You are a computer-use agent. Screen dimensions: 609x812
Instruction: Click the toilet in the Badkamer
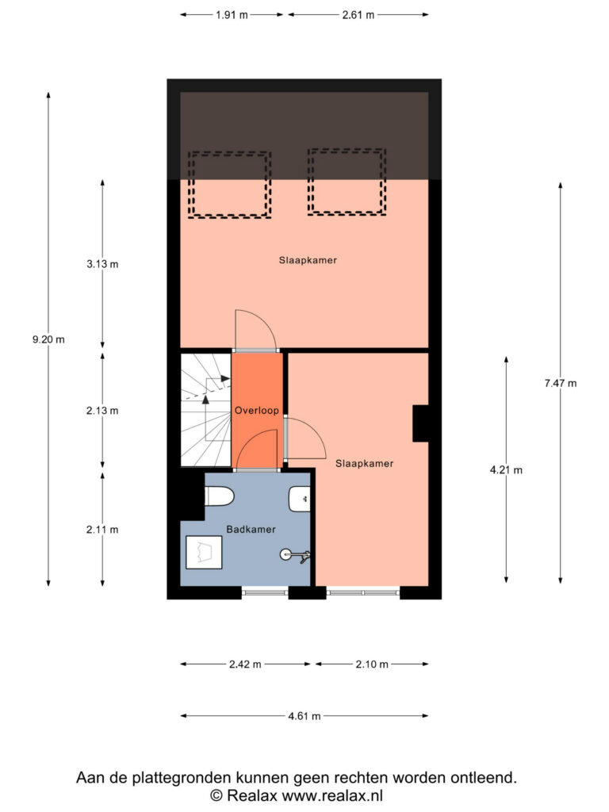click(220, 497)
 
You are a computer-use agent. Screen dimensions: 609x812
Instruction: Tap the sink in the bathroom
click(299, 500)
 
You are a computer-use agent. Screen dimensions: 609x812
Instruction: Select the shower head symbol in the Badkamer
click(295, 555)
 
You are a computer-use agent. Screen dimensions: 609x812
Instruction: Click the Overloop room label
click(257, 411)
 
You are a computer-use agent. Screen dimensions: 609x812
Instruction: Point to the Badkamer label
click(251, 529)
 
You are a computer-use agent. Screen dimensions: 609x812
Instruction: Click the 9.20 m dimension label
click(48, 339)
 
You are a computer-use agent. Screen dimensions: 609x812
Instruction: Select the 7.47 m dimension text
click(561, 383)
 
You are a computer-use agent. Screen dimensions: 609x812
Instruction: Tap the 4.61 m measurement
click(304, 716)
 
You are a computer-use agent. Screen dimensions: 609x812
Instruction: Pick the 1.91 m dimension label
click(232, 15)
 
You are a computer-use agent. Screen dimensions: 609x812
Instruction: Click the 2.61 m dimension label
click(358, 15)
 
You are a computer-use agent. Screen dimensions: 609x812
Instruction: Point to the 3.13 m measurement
click(102, 264)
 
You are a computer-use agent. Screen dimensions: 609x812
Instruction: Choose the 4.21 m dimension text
click(506, 470)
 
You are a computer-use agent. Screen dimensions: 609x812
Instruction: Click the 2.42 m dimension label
click(246, 665)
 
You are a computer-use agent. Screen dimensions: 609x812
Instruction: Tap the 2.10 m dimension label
click(372, 665)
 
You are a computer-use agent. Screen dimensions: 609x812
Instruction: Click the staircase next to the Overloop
click(205, 410)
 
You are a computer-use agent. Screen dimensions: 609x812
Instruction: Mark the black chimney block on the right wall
click(420, 423)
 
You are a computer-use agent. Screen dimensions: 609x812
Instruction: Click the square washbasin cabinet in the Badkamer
click(204, 553)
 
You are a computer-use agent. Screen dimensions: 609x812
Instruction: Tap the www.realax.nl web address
click(332, 795)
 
